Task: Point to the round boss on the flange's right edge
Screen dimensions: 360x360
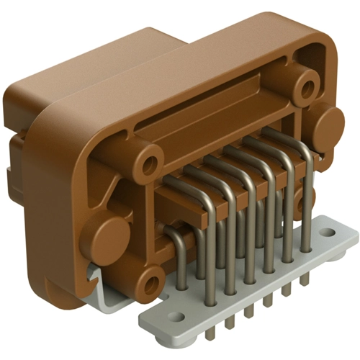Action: point(328,125)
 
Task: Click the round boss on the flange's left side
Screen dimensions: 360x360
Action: point(109,237)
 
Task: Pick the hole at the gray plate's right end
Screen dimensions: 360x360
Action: point(331,233)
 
